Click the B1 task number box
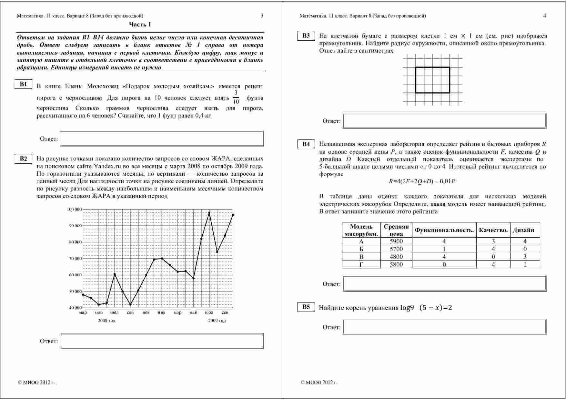point(24,84)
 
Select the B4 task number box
point(306,144)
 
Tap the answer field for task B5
point(444,327)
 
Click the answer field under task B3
point(444,121)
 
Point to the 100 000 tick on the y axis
point(74,210)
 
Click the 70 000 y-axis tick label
point(75,259)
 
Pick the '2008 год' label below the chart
point(106,321)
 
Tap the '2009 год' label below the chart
point(217,321)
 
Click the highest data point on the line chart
point(209,213)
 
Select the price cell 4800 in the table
point(396,257)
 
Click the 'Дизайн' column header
point(523,230)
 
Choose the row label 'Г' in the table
point(361,264)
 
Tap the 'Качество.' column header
point(493,230)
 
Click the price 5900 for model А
point(396,241)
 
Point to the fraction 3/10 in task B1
point(236,97)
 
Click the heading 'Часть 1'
point(140,25)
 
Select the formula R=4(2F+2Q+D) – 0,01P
point(422,181)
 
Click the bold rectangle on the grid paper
point(432,80)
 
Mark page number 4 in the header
point(545,16)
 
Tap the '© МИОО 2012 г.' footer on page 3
point(36,383)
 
